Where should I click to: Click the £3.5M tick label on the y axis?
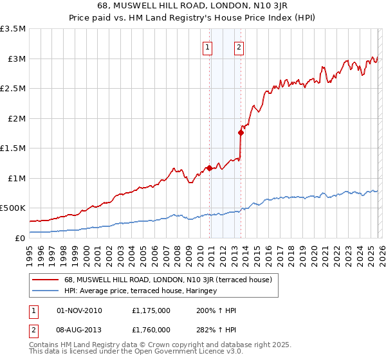[13, 29]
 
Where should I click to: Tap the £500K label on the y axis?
[13, 208]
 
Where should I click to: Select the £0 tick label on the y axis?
[21, 238]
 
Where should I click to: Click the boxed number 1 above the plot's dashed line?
[208, 46]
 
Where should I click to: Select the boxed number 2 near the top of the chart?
[239, 46]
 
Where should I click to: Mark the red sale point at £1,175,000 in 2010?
[209, 168]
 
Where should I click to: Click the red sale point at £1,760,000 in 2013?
[241, 133]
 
